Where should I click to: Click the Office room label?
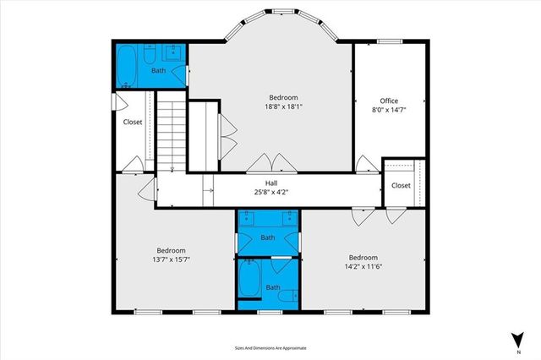pos(388,101)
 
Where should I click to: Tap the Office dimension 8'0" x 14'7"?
pos(388,110)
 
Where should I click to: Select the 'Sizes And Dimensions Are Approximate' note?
pos(270,347)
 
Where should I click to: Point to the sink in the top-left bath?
pos(173,55)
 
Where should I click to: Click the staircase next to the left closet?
pos(170,131)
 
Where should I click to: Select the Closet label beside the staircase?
pos(133,122)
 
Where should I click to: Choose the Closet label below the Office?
pos(401,185)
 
